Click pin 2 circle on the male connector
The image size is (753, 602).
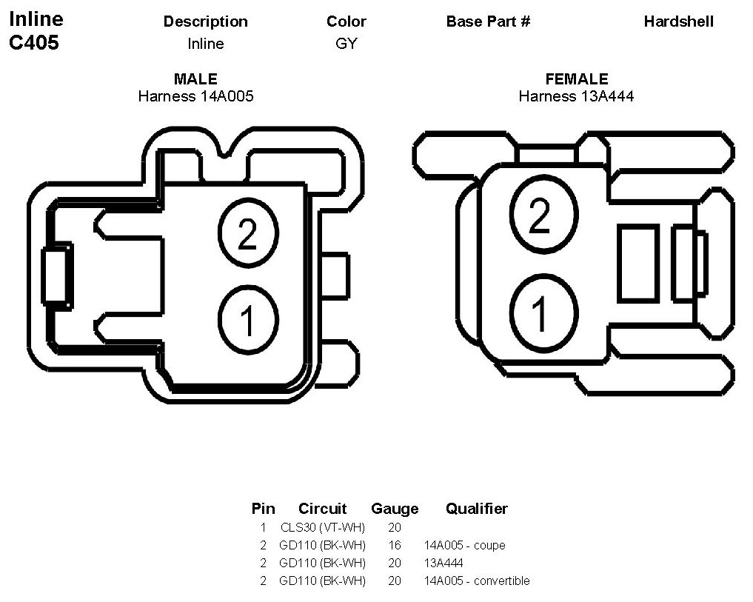click(247, 235)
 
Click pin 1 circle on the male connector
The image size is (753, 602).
click(247, 320)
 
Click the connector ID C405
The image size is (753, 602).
click(34, 42)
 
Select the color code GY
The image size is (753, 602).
click(346, 44)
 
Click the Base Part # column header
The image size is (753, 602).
click(488, 21)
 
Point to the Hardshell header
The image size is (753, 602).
click(678, 21)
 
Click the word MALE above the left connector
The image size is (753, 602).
click(195, 79)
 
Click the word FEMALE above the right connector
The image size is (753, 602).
click(576, 79)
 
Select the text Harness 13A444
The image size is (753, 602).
click(576, 96)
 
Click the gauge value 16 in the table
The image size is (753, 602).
click(394, 546)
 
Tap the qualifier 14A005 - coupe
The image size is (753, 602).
click(464, 546)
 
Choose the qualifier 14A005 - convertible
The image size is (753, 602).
click(477, 581)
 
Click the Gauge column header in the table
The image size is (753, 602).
click(395, 509)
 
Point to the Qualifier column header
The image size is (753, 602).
click(476, 509)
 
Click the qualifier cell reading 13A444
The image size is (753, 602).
click(444, 563)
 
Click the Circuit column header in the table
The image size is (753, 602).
click(322, 509)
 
